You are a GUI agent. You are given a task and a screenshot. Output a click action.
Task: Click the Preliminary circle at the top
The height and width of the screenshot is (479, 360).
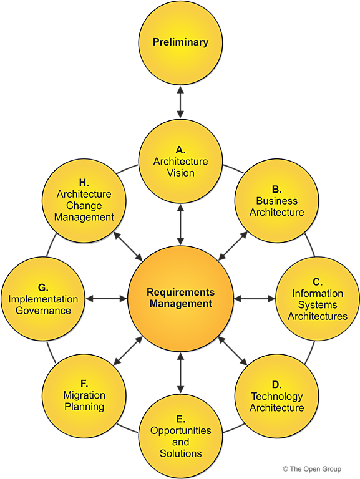click(180, 42)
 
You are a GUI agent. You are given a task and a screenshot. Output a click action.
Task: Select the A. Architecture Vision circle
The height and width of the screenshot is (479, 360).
click(180, 161)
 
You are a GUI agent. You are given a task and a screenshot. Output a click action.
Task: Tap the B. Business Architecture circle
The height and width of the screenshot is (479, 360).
click(276, 201)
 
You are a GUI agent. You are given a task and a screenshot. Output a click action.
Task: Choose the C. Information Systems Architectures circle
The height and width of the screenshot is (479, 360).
click(317, 299)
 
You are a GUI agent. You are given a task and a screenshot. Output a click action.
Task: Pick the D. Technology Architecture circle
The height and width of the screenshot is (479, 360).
click(276, 397)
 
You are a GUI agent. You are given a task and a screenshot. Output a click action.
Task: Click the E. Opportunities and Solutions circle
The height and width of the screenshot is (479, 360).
click(180, 436)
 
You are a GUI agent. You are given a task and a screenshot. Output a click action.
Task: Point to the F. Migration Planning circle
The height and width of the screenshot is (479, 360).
click(84, 397)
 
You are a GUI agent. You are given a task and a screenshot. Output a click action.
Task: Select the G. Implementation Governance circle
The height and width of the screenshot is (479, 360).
click(43, 299)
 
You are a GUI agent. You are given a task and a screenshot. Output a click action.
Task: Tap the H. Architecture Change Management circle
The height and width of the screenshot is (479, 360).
click(84, 201)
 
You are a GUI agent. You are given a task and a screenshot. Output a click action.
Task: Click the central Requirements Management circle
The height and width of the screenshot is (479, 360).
click(180, 299)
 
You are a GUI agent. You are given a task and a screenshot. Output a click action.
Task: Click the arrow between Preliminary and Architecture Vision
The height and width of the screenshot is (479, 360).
click(180, 102)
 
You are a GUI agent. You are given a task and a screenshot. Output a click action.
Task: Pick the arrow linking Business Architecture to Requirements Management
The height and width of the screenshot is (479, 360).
click(233, 246)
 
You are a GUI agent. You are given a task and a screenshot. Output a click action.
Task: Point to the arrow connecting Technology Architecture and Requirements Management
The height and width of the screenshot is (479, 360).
click(233, 352)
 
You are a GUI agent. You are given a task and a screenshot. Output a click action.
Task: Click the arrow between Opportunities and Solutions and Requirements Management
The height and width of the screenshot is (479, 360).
click(180, 373)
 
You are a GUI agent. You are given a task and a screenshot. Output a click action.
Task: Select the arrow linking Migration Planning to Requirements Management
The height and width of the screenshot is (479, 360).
click(128, 352)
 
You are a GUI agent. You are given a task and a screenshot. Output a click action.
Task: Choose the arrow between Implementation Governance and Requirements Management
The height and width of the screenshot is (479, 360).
click(107, 299)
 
